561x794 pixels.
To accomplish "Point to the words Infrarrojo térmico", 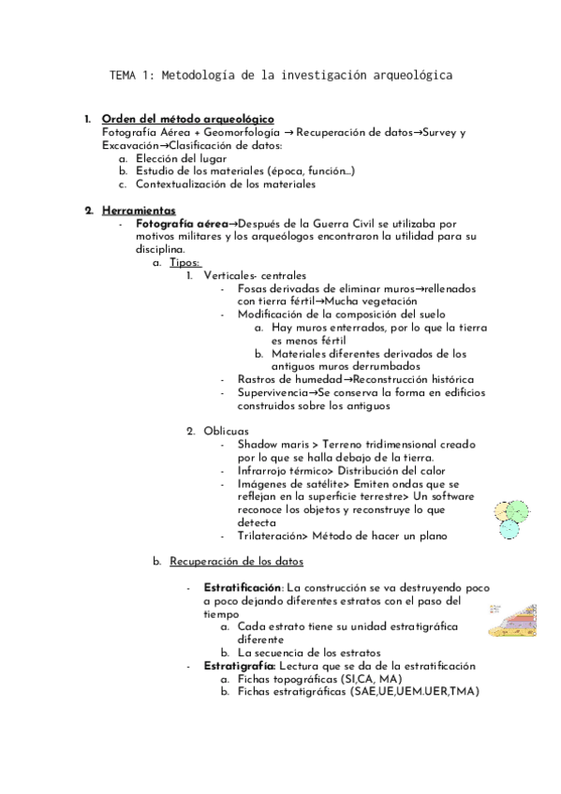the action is [x=280, y=470].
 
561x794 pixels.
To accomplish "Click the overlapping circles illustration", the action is [x=510, y=517].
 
